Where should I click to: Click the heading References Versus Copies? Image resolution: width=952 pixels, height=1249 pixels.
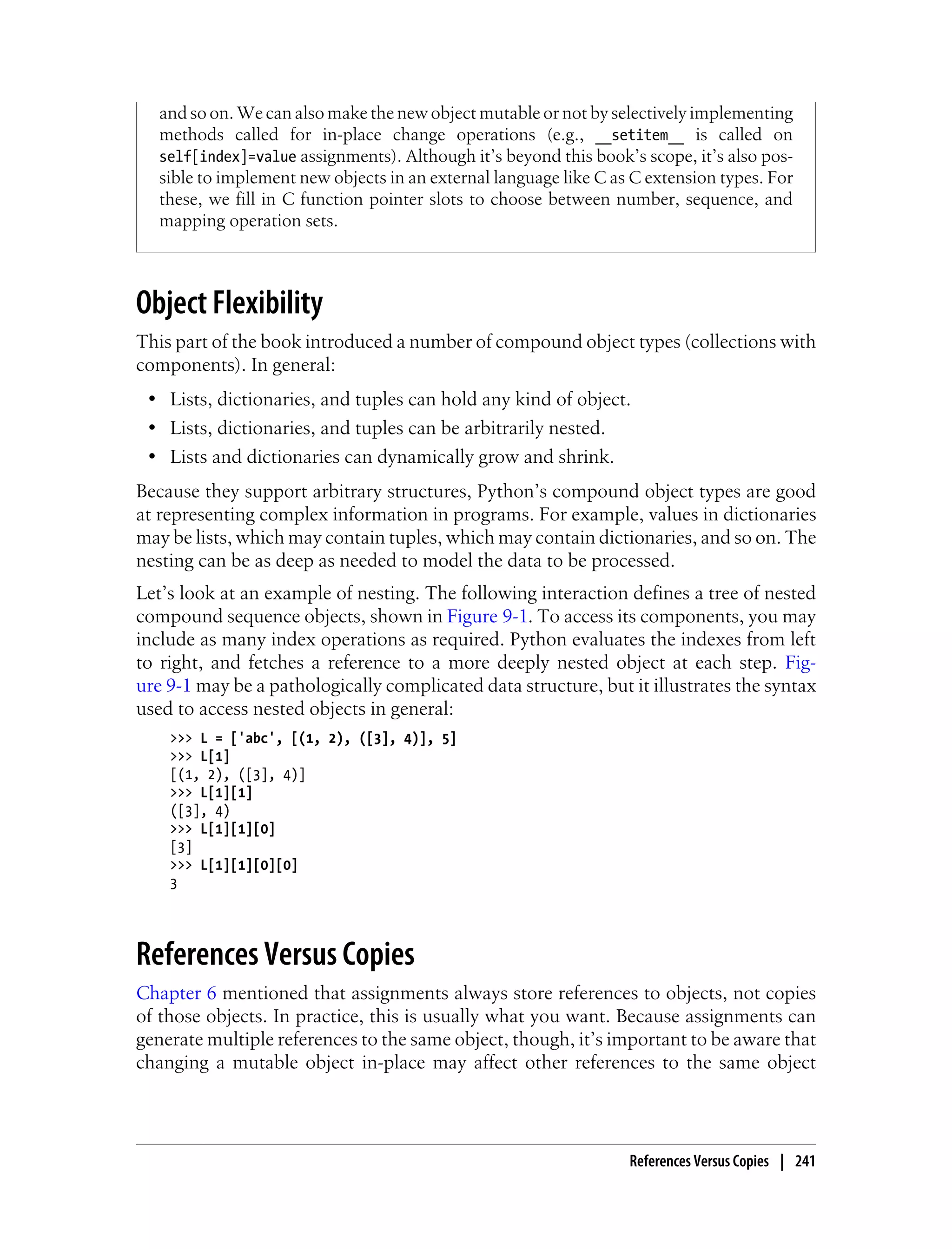click(x=275, y=954)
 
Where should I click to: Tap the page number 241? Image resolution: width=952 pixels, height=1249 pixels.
click(x=805, y=1161)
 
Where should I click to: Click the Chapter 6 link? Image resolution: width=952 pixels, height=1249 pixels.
click(x=176, y=993)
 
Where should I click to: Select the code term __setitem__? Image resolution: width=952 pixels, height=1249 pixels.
click(x=640, y=135)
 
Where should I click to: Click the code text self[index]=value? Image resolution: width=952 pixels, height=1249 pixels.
click(x=227, y=156)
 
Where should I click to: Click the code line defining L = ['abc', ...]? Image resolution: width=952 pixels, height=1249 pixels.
click(x=313, y=739)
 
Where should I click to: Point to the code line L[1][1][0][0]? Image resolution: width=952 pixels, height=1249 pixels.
click(x=233, y=865)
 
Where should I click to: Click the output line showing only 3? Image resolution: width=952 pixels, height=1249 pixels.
click(x=174, y=884)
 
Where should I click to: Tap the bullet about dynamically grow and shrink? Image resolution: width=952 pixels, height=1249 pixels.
click(x=391, y=457)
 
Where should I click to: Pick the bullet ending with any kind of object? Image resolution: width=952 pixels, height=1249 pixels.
click(x=399, y=399)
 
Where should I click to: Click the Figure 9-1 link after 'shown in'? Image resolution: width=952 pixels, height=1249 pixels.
click(x=487, y=616)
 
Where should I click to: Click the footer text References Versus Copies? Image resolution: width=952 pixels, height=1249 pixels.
click(x=699, y=1161)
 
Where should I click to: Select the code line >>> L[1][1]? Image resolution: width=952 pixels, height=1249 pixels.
click(x=211, y=792)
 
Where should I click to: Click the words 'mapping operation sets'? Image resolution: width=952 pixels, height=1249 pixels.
click(x=248, y=221)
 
